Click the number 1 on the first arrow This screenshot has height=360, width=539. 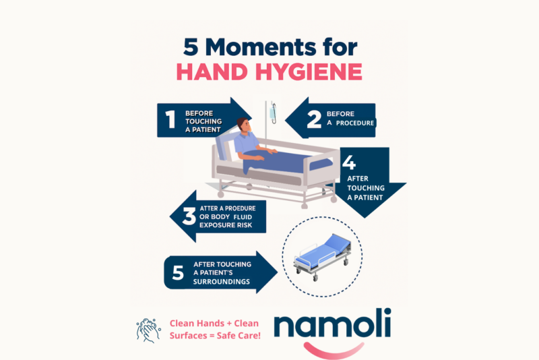pyautogui.click(x=170, y=119)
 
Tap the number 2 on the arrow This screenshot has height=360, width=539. pyautogui.click(x=313, y=119)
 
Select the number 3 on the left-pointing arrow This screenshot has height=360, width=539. pyautogui.click(x=189, y=217)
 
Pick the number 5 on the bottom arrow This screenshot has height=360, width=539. pyautogui.click(x=178, y=272)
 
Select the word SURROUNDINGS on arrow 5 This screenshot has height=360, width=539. pyautogui.click(x=222, y=281)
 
